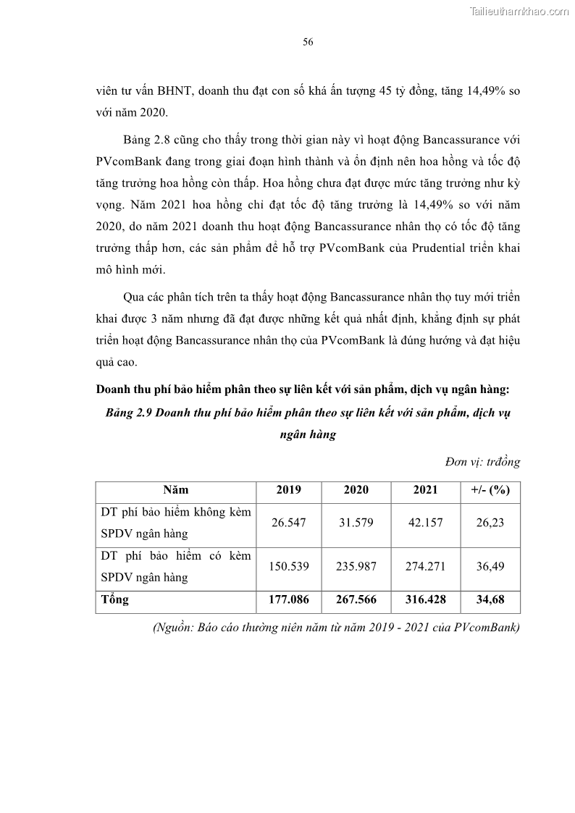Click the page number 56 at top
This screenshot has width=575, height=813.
pyautogui.click(x=308, y=43)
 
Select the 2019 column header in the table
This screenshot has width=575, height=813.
pyautogui.click(x=289, y=490)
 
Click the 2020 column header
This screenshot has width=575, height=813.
pyautogui.click(x=356, y=490)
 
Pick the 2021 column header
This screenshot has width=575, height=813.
pyautogui.click(x=425, y=490)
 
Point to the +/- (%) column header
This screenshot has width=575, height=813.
pyautogui.click(x=490, y=490)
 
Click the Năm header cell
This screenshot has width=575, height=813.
pyautogui.click(x=175, y=490)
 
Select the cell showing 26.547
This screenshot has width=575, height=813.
pyautogui.click(x=289, y=523)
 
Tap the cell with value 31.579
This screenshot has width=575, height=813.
pyautogui.click(x=356, y=523)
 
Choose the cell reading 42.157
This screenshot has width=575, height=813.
pyautogui.click(x=425, y=523)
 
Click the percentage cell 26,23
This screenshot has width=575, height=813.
pyautogui.click(x=490, y=523)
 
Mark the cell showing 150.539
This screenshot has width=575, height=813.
pyautogui.click(x=289, y=567)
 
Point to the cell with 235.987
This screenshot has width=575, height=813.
pyautogui.click(x=356, y=567)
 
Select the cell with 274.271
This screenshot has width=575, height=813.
pyautogui.click(x=425, y=567)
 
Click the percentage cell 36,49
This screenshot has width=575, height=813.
pyautogui.click(x=490, y=567)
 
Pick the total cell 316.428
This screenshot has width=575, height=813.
pyautogui.click(x=425, y=600)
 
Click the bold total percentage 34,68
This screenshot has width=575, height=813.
pyautogui.click(x=490, y=600)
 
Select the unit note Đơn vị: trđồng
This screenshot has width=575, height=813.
pyautogui.click(x=482, y=462)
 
